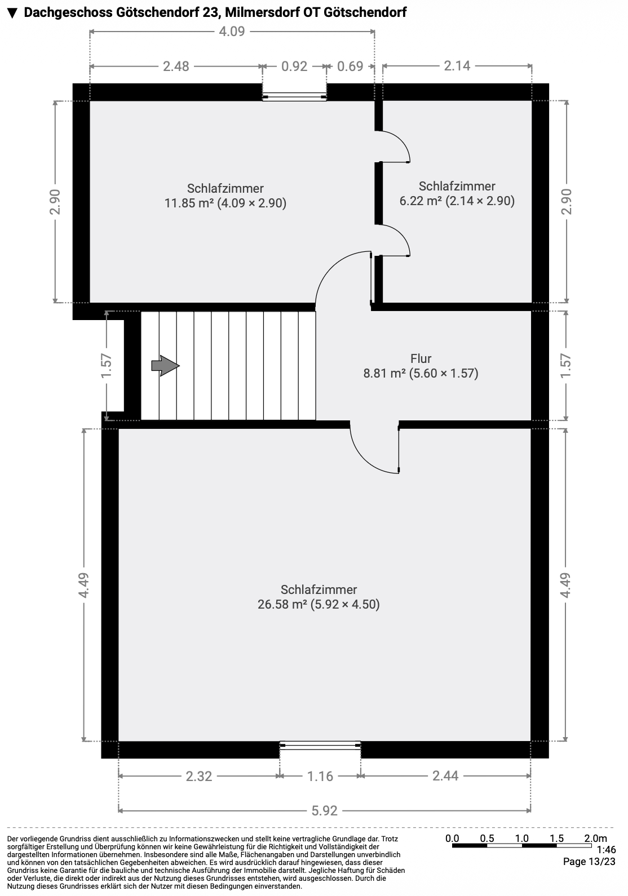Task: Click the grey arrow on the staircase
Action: point(165,365)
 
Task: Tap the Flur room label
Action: point(421,358)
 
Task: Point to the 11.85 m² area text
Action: point(225,203)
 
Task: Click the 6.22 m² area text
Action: point(457,201)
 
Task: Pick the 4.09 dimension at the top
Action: point(232,31)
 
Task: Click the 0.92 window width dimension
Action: point(294,66)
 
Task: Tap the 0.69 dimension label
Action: point(350,66)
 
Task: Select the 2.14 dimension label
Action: point(457,65)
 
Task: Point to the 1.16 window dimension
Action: point(320,777)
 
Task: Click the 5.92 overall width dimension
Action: point(325,811)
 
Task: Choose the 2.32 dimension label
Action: point(199,777)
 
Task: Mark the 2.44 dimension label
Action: point(445,776)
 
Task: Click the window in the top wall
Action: point(294,96)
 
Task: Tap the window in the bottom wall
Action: point(320,745)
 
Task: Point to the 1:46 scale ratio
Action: point(606,850)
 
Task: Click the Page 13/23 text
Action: point(589,862)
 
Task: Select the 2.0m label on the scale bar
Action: point(595,838)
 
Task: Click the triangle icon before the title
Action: point(12,13)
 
